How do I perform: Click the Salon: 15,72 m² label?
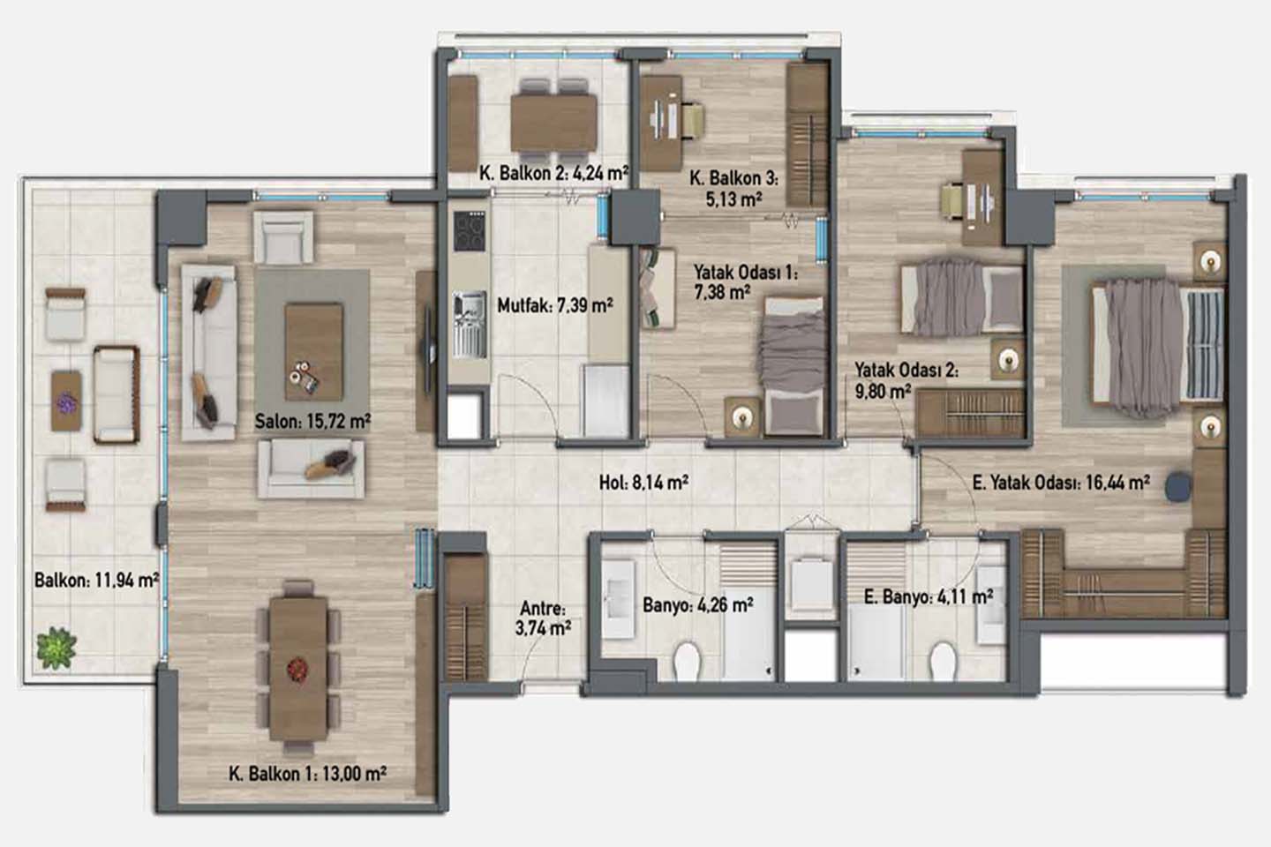(312, 421)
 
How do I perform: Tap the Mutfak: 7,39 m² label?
(555, 306)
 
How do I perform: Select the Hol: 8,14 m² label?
(644, 483)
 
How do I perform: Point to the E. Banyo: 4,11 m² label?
(929, 596)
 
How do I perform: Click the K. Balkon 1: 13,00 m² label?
(308, 773)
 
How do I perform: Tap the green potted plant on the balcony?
(56, 648)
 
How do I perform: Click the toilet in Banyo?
(687, 661)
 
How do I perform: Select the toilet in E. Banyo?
(943, 661)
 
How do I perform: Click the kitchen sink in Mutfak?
(470, 325)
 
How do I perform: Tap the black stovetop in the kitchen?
(470, 231)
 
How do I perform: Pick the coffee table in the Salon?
(314, 352)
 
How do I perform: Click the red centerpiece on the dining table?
(297, 670)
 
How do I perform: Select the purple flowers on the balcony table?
(66, 403)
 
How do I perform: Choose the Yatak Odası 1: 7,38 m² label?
(746, 282)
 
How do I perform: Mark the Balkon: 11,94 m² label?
(96, 580)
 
